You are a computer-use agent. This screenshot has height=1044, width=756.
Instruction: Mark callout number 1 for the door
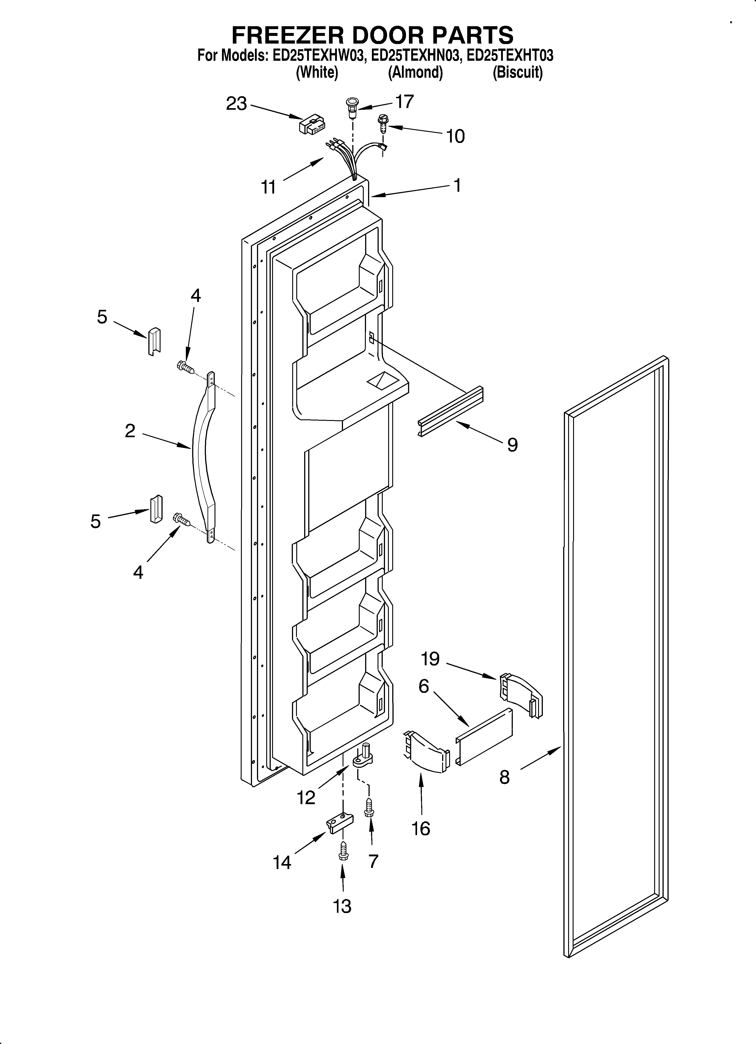pos(457,185)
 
